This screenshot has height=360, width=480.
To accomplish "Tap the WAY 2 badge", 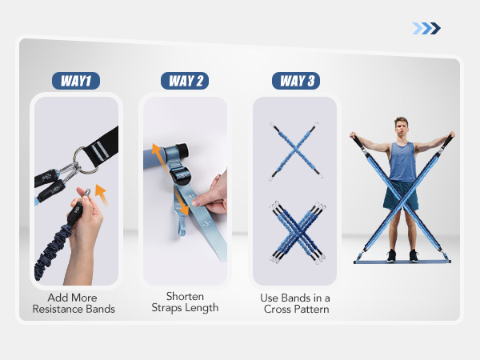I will tap(184, 81).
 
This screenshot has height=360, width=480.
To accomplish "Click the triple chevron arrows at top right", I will tap(426, 29).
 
